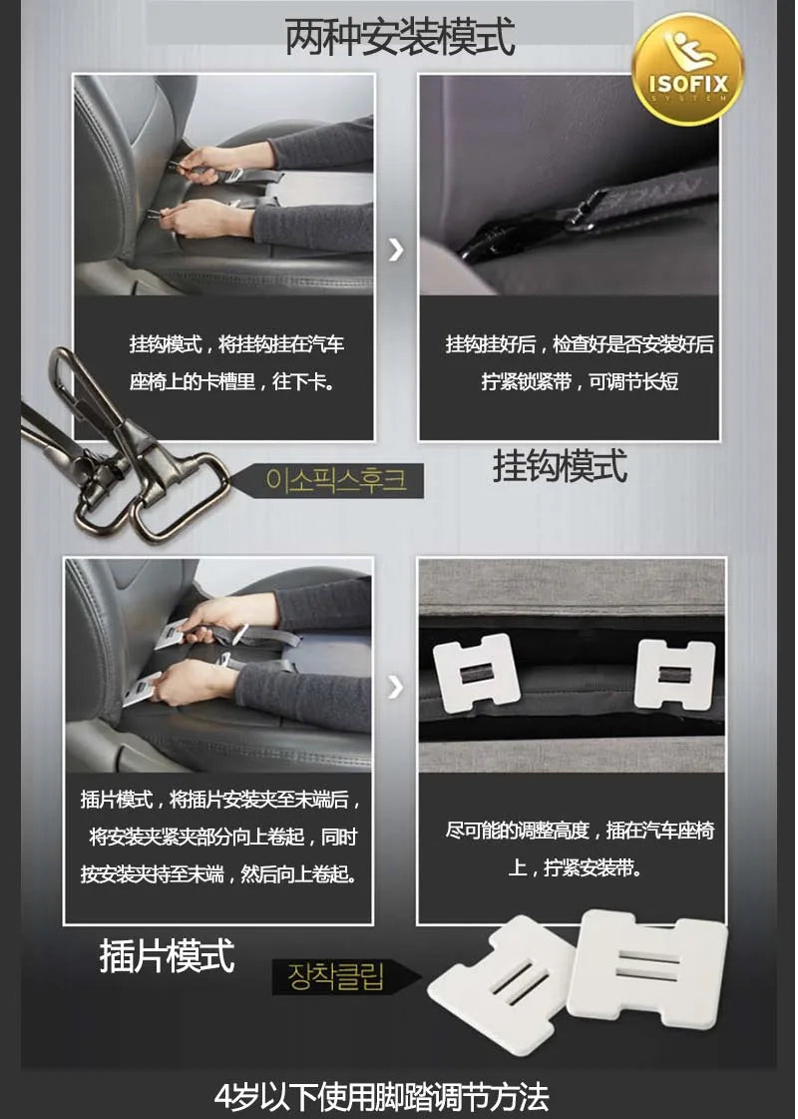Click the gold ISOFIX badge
coord(687,69)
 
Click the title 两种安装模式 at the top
coord(400,36)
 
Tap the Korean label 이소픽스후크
coord(336,479)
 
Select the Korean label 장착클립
coord(336,976)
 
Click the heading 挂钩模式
coord(560,466)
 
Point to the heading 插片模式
coord(167,955)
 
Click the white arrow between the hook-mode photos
coord(396,250)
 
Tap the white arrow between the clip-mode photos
coord(396,687)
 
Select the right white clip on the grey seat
coord(674,675)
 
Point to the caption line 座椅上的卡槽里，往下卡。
coord(231,381)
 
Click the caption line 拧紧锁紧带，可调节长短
coord(580,381)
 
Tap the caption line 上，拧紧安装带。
coord(575,867)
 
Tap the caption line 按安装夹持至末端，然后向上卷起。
coord(219,874)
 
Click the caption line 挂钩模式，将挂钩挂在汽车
coord(236,344)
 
